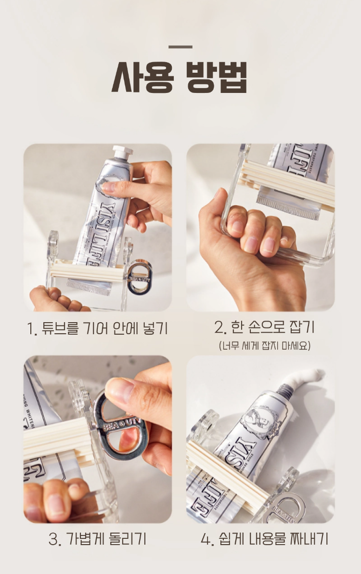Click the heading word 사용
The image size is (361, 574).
[x=142, y=77]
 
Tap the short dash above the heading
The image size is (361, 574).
[x=180, y=47]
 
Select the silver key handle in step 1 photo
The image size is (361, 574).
[x=140, y=277]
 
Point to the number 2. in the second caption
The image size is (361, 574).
[x=220, y=327]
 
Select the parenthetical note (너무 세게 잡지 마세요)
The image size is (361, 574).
[x=264, y=345]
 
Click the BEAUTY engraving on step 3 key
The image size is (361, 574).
[x=121, y=425]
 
